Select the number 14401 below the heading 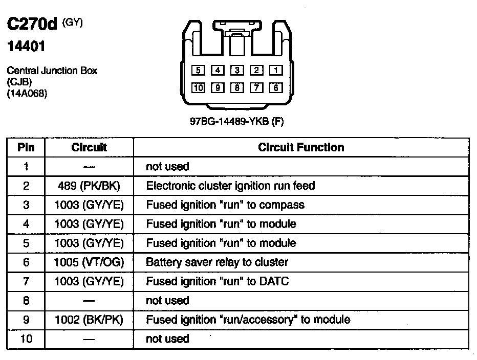(27, 47)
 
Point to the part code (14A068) (27, 94)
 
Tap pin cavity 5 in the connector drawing (199, 71)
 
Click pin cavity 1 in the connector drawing (275, 71)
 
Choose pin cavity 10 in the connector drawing (199, 88)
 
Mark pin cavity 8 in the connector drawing (237, 88)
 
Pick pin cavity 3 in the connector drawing (237, 71)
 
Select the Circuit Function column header (301, 147)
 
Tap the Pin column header (26, 147)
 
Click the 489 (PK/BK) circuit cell (89, 186)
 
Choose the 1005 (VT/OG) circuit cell (89, 262)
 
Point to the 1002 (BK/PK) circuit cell (89, 320)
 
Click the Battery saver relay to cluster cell (217, 262)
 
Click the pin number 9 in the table (26, 320)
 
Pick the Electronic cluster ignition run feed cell (230, 186)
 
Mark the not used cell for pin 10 (167, 339)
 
